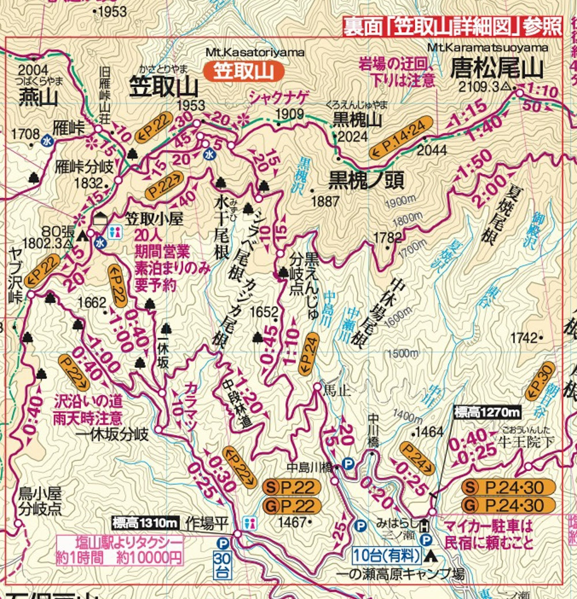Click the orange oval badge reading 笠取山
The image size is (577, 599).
click(244, 71)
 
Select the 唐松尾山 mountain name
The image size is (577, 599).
click(496, 68)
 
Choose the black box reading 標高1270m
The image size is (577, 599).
click(487, 412)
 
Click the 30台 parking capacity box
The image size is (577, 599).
click(222, 565)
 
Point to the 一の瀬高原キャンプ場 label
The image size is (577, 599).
click(410, 575)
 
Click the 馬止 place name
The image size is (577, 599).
click(338, 390)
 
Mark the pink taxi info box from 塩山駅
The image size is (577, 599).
click(120, 550)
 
